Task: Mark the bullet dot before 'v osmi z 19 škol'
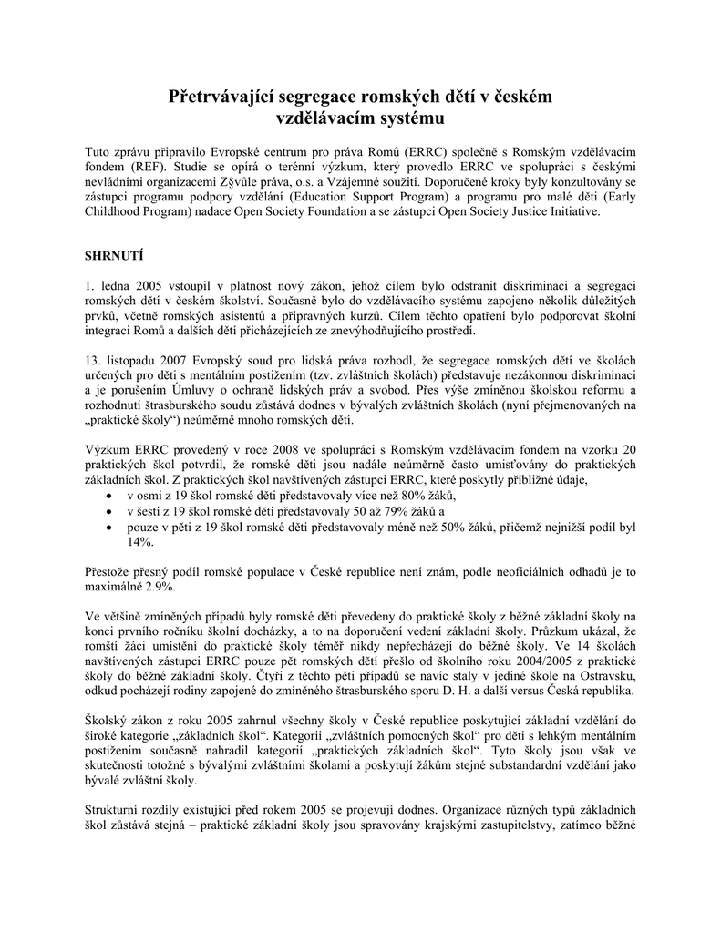coord(108,496)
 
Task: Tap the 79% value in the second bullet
coord(399,511)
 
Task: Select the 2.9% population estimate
coord(156,588)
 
